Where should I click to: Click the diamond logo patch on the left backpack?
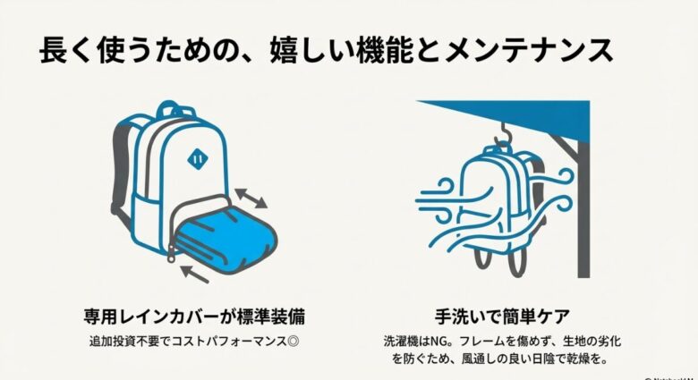click(195, 160)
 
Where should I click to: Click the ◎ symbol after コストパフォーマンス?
click(284, 342)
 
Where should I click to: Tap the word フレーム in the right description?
click(488, 342)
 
